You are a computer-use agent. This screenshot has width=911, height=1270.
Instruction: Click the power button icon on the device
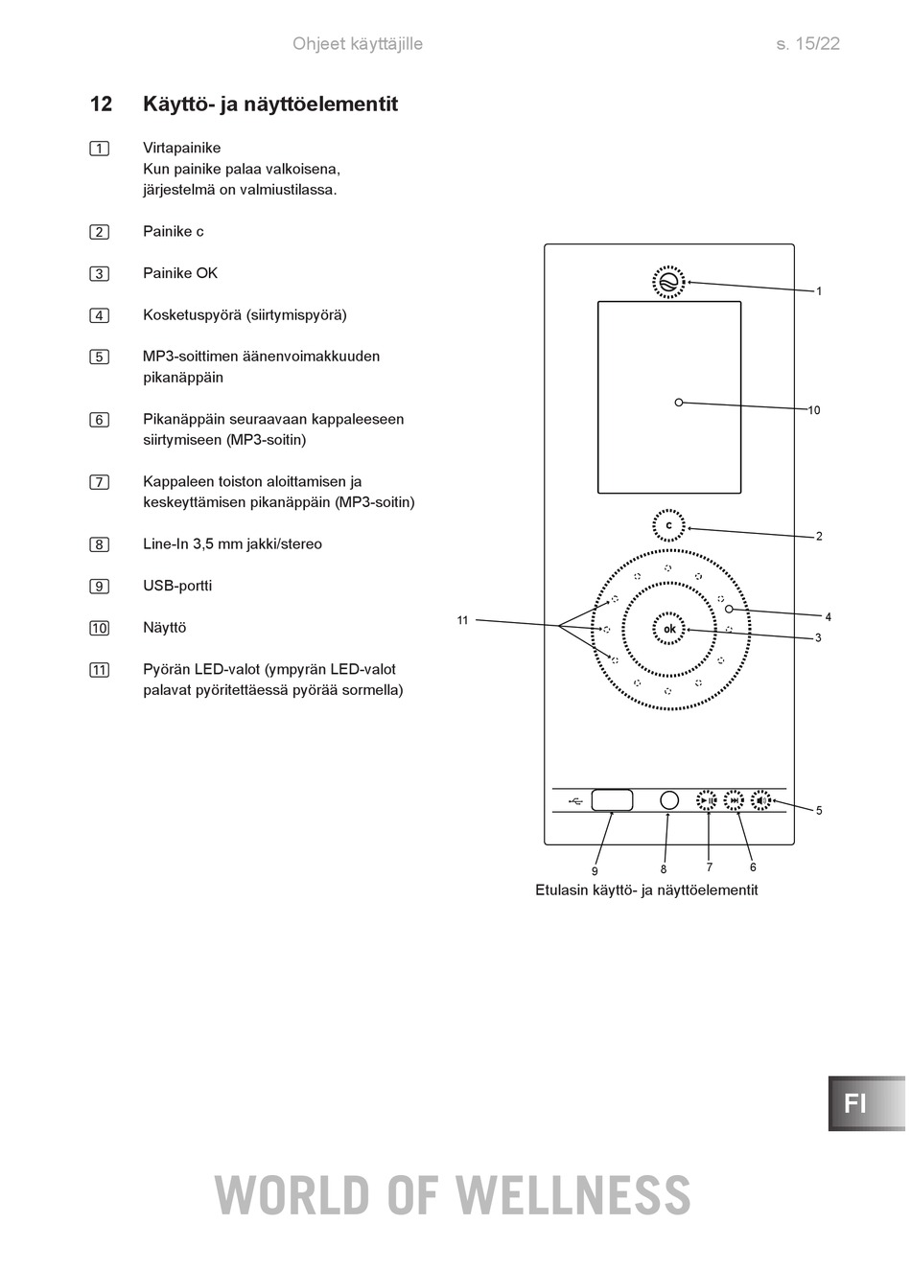tap(669, 282)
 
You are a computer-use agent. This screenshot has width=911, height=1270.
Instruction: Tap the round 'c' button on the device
tap(669, 526)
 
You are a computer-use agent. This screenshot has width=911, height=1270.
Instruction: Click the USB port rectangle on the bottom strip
tap(612, 799)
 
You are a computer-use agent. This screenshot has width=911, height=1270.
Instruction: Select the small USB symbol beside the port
tap(575, 800)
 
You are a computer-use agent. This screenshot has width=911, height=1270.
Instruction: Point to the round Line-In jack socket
tap(669, 800)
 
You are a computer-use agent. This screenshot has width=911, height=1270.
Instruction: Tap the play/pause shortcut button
tap(707, 800)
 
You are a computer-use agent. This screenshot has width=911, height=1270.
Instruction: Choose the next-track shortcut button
tap(735, 800)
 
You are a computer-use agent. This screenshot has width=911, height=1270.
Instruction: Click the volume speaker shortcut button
tap(761, 800)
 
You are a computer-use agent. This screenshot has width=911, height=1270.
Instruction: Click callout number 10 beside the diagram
tap(813, 410)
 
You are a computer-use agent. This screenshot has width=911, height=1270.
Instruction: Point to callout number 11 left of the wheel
tap(462, 620)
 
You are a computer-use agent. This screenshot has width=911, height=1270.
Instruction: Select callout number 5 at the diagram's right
tap(819, 811)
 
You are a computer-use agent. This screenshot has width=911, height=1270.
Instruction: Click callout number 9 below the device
tap(595, 871)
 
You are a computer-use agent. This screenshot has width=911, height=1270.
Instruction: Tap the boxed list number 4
tap(99, 315)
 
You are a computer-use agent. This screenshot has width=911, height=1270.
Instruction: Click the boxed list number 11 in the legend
tap(99, 670)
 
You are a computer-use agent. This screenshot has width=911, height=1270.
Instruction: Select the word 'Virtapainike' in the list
tap(181, 148)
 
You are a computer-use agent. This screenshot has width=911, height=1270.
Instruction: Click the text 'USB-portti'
tap(177, 586)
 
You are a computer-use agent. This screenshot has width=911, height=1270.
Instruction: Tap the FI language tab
tap(856, 1103)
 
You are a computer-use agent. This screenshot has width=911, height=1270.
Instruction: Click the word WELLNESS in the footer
tap(572, 1195)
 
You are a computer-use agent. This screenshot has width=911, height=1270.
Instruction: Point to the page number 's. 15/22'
tap(807, 44)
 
